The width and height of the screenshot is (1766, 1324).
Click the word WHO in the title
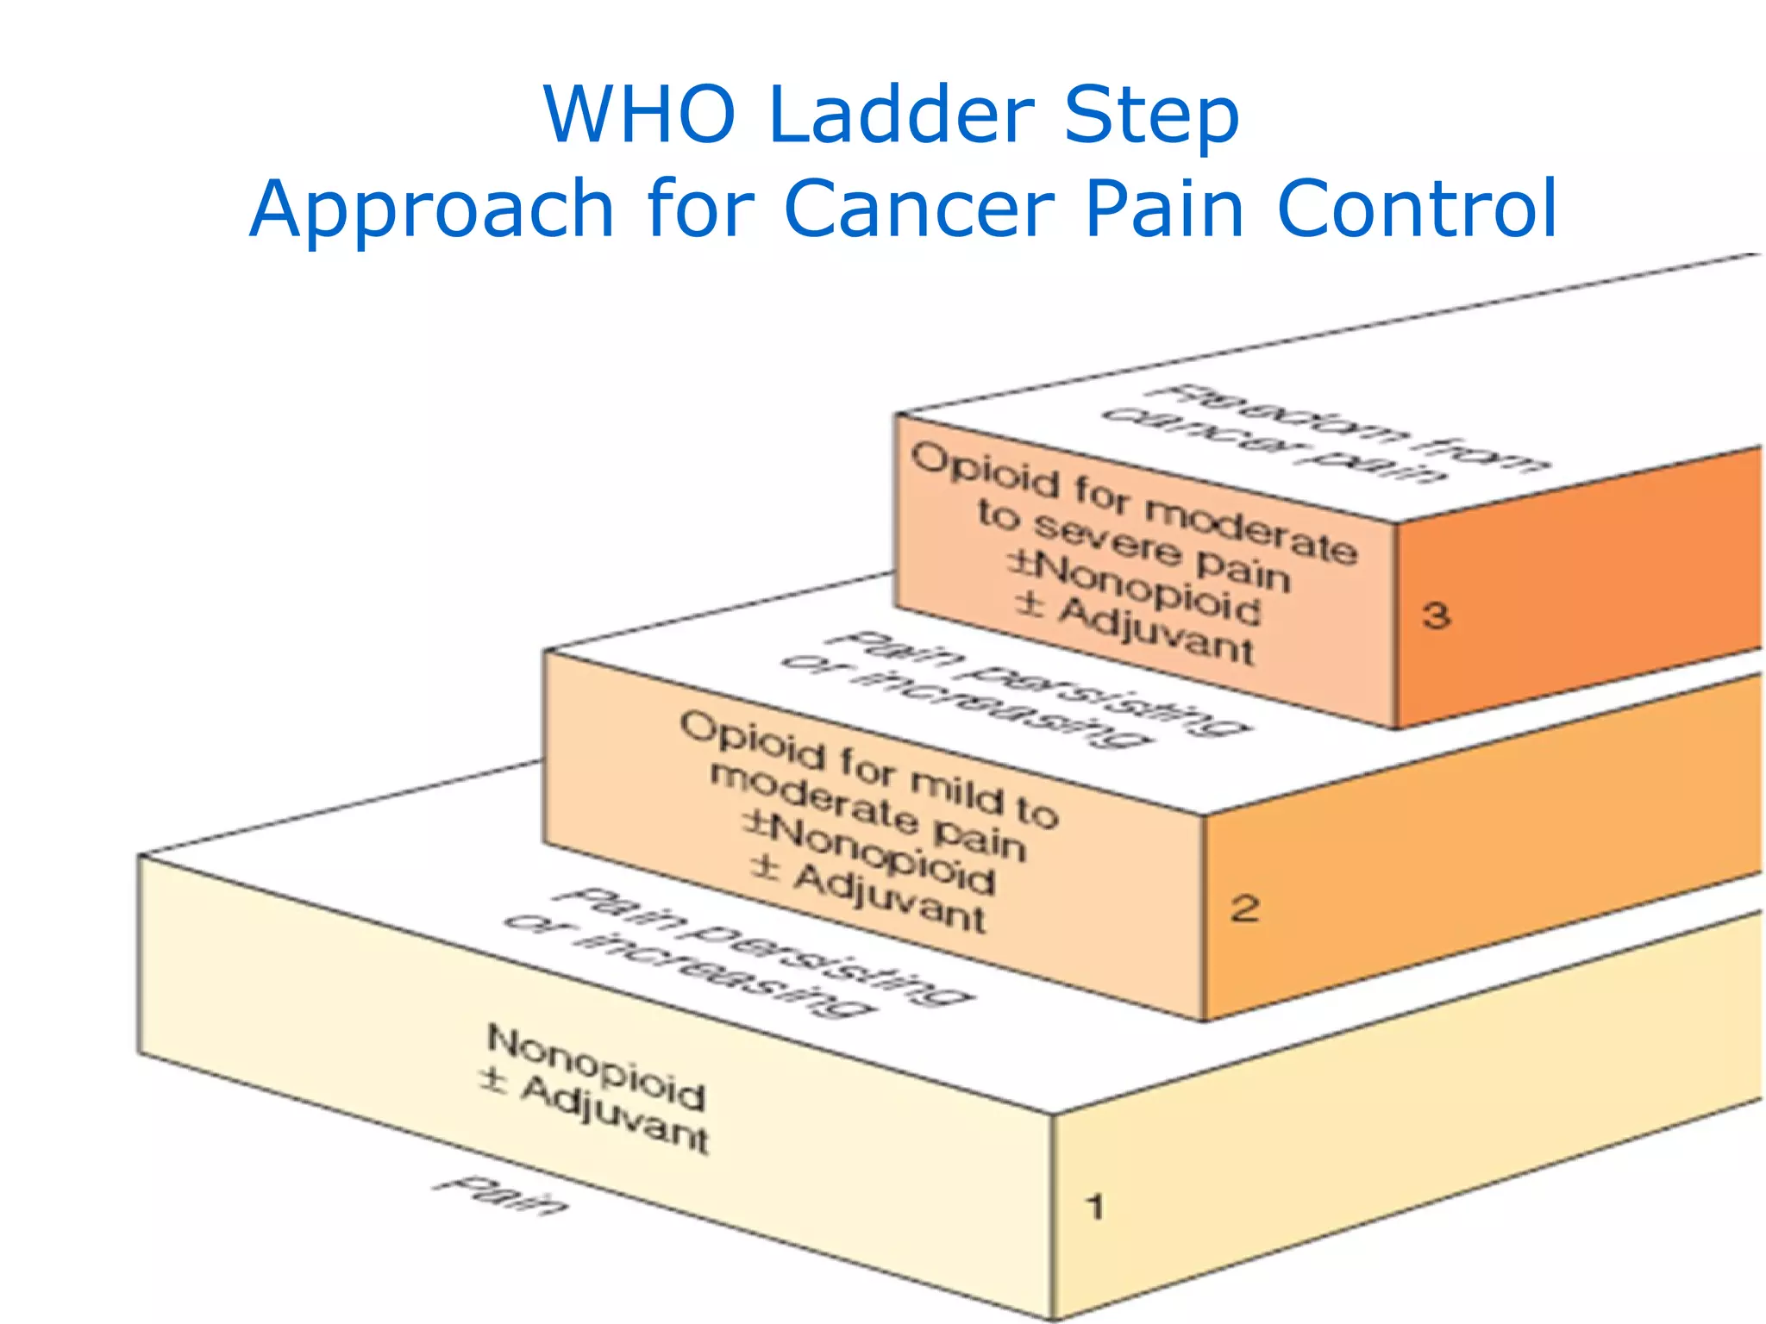pos(639,115)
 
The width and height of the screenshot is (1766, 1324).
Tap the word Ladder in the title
pos(901,115)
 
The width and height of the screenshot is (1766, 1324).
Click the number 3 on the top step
pos(1436,615)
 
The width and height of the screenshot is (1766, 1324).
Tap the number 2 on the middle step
pos(1244,909)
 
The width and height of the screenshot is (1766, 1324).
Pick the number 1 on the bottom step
pos(1094,1207)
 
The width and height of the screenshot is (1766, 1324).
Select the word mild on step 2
pos(957,790)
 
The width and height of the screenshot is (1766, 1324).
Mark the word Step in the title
pos(1151,115)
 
